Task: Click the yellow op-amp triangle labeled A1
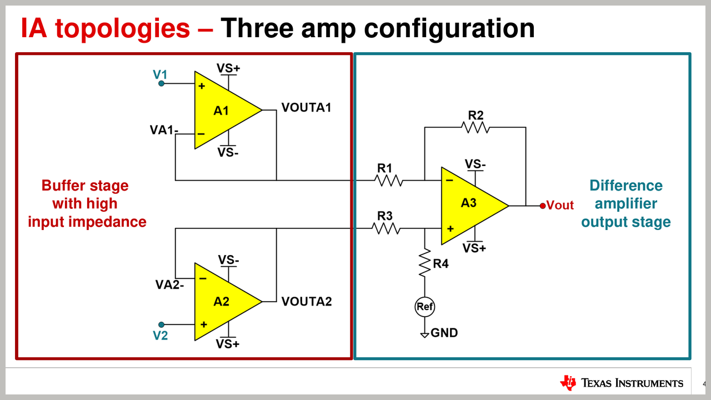coord(222,110)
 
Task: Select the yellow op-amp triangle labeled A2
coord(222,301)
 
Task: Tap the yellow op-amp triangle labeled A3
coord(469,205)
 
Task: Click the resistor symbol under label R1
coord(388,180)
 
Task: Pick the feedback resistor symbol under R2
coord(475,127)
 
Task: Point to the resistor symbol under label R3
coord(387,228)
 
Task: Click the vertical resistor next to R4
coord(425,263)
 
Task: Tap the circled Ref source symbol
coord(425,306)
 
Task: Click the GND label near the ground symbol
coord(444,333)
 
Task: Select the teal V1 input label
coord(160,74)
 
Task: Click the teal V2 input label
coord(160,336)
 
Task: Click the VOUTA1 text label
coord(306,107)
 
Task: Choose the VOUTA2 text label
coord(306,302)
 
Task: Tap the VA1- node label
coord(164,131)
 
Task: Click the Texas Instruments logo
coord(622,382)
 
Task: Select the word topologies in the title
coord(122,28)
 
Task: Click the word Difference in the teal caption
coord(626,186)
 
